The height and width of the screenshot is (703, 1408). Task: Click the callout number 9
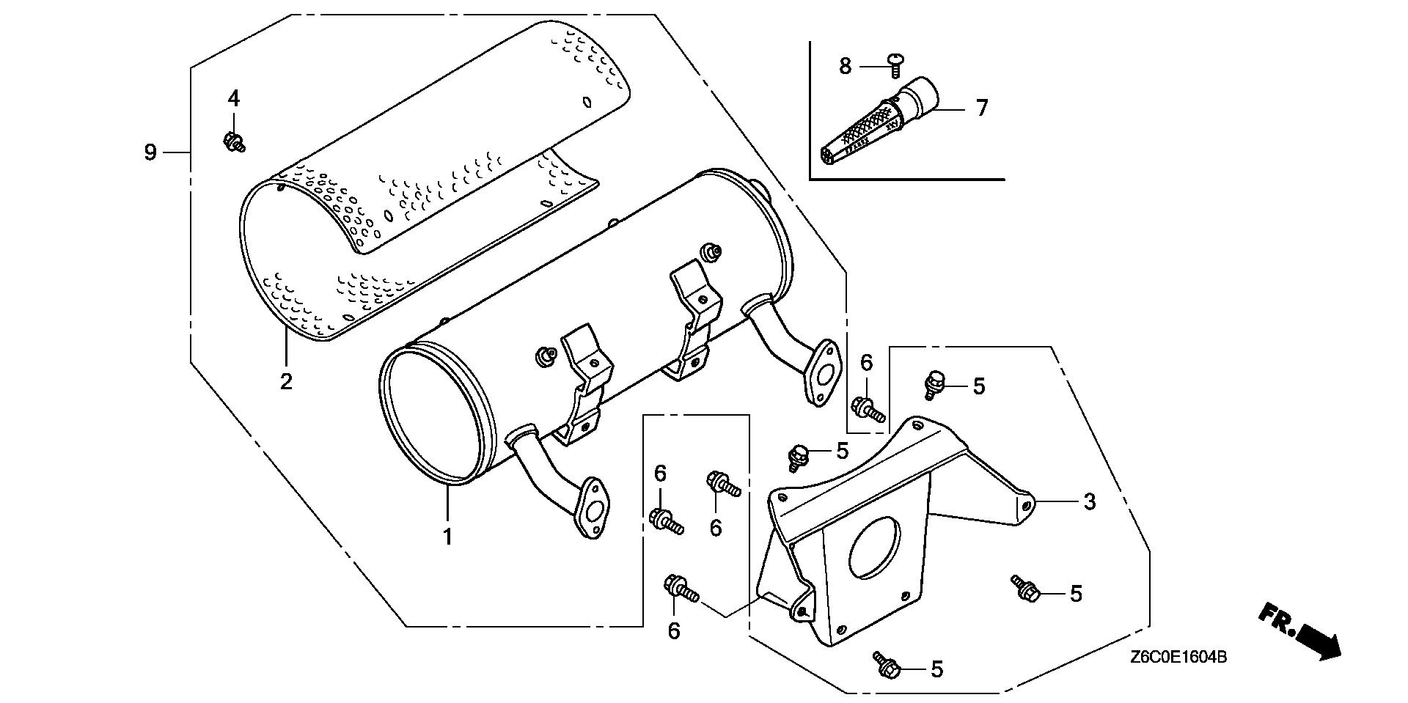pyautogui.click(x=150, y=152)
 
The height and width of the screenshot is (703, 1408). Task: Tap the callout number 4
pyautogui.click(x=233, y=97)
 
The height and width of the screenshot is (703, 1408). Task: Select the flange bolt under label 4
pyautogui.click(x=234, y=141)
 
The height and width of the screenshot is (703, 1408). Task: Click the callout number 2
pyautogui.click(x=286, y=381)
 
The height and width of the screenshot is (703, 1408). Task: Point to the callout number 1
pyautogui.click(x=447, y=537)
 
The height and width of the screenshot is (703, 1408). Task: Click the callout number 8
pyautogui.click(x=846, y=66)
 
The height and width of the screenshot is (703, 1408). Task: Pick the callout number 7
pyautogui.click(x=982, y=108)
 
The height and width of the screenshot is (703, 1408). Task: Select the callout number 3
pyautogui.click(x=1090, y=502)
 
